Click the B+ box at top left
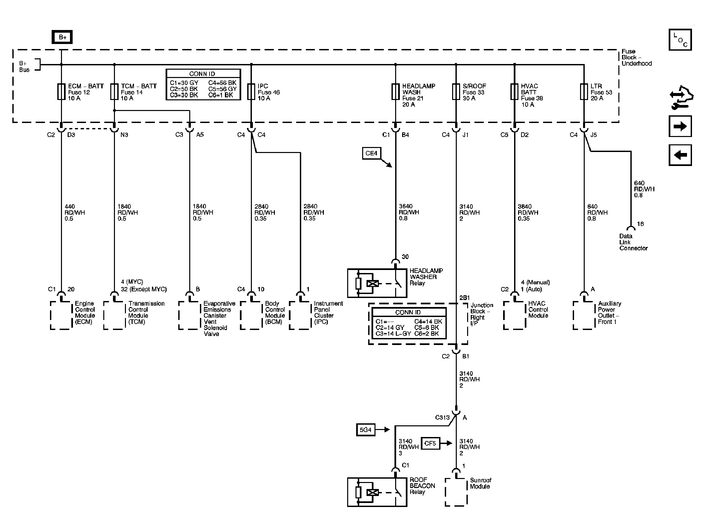pyautogui.click(x=62, y=37)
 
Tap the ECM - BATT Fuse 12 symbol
pyautogui.click(x=61, y=92)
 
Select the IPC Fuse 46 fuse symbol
pyautogui.click(x=251, y=92)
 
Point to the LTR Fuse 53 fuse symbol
pyautogui.click(x=584, y=92)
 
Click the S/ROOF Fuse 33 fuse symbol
pyautogui.click(x=456, y=92)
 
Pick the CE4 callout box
pyautogui.click(x=371, y=153)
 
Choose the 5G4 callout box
pyautogui.click(x=365, y=430)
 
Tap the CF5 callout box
pyautogui.click(x=430, y=444)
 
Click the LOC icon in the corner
pyautogui.click(x=680, y=40)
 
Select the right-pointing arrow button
pyautogui.click(x=680, y=126)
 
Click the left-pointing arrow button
pyautogui.click(x=680, y=155)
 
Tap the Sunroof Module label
pyautogui.click(x=480, y=483)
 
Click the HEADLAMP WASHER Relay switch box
pyautogui.click(x=377, y=283)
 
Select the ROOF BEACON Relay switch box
pyautogui.click(x=377, y=492)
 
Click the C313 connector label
pyautogui.click(x=442, y=417)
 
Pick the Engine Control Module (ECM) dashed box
pyautogui.click(x=61, y=315)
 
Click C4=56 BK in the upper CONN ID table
pyautogui.click(x=222, y=83)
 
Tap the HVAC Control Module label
pyautogui.click(x=538, y=309)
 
